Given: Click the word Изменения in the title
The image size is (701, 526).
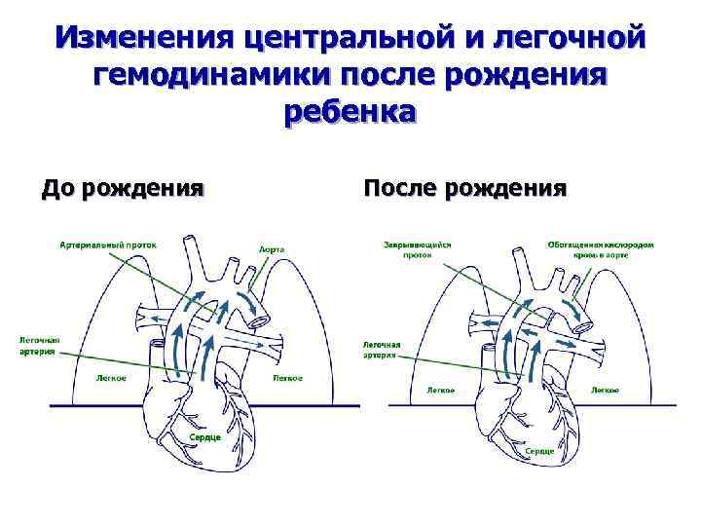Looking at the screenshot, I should coord(144,39).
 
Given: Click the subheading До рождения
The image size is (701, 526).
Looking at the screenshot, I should coord(122,186).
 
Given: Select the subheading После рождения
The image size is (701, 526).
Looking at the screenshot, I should coord(463,186).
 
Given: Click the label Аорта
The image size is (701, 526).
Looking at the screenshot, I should coord(272,249).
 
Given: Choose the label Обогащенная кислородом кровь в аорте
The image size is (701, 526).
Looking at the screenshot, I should coord(600,251).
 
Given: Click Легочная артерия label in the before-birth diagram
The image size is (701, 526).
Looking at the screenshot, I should coord(40,345).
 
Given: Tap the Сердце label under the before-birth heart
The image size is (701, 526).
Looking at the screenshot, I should coord(204,437).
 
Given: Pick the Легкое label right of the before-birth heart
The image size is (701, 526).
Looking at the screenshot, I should coord(286,378).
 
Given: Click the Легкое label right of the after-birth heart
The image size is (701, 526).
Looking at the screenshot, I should coord(604,390).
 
